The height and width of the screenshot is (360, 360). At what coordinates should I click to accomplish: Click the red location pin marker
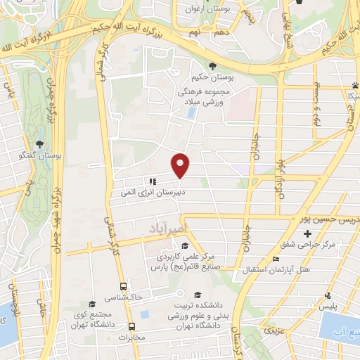(181, 165)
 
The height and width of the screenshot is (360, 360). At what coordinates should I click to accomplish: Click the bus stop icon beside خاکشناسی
(124, 286)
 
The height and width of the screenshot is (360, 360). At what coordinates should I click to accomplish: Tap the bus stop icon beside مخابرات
(131, 326)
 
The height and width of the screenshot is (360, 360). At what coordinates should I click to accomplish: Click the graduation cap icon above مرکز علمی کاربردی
(184, 246)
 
